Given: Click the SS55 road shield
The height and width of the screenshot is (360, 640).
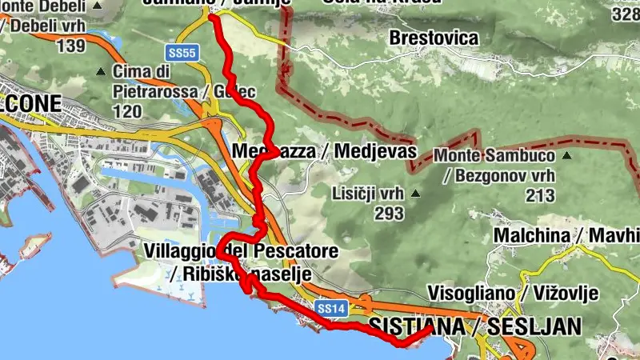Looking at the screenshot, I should (x=182, y=53).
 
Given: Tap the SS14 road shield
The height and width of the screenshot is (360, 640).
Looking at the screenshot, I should (x=330, y=307).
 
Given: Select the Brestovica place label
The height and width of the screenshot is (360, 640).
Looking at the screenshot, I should (x=434, y=38).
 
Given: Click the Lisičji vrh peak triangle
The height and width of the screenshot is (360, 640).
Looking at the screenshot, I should (x=415, y=193).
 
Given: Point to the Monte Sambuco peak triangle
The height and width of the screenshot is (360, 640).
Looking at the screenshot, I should (x=566, y=154).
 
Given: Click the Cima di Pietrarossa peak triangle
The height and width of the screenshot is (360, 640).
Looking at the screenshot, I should (x=100, y=72).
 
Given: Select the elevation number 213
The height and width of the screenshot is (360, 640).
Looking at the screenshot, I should (x=542, y=194).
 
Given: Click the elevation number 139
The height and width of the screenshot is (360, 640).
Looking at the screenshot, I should (x=70, y=45).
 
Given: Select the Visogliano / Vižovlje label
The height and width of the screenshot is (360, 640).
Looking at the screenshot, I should (x=513, y=294).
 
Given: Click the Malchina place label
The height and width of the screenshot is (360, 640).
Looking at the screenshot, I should (x=530, y=236).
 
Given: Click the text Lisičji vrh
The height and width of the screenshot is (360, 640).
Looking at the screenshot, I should (x=368, y=193).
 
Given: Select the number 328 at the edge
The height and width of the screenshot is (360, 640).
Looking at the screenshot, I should (x=625, y=14).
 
